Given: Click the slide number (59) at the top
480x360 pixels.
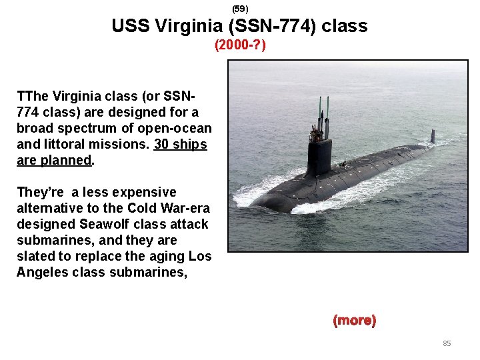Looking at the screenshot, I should pos(240,9).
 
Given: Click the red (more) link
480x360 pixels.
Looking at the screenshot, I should pos(354,321).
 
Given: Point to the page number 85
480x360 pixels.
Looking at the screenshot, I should pos(447,343).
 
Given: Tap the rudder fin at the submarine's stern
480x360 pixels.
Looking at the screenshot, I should pos(432,135).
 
